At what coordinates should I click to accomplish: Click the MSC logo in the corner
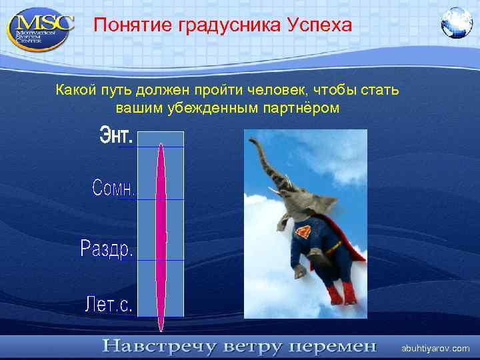tap(39, 27)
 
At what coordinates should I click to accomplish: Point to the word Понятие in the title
tap(133, 25)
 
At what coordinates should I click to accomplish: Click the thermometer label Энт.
tap(117, 137)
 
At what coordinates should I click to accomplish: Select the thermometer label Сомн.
tap(113, 188)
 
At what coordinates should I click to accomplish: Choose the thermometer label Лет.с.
tap(109, 305)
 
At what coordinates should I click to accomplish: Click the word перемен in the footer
tap(330, 347)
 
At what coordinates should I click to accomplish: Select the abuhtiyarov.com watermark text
tap(435, 348)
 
